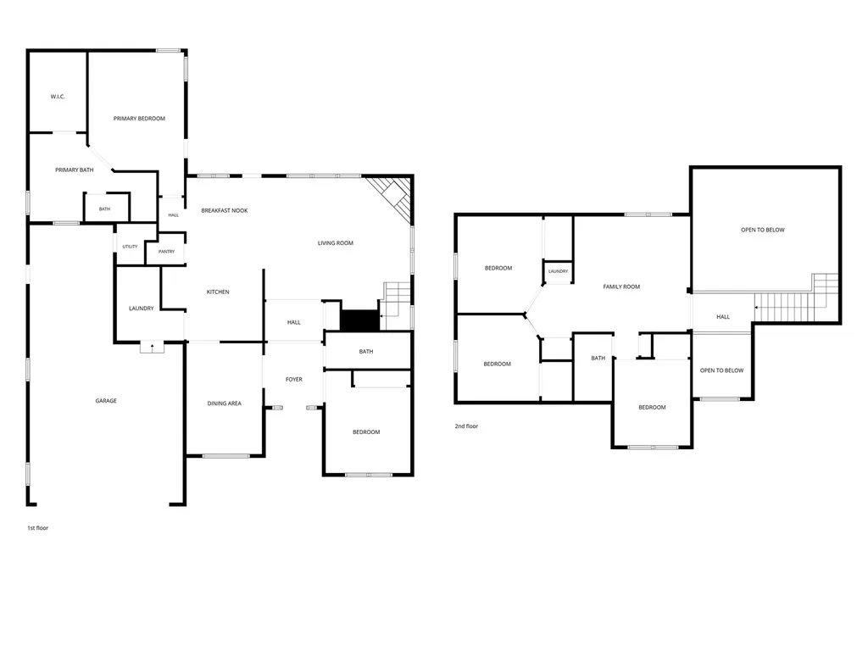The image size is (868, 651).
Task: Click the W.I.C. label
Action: pos(58,97)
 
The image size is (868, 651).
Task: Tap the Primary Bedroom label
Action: pos(139,119)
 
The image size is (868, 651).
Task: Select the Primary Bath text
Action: pos(75,170)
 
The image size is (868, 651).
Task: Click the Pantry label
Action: pos(167,251)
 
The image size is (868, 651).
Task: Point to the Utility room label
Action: pos(130,247)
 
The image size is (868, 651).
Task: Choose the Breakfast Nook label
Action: pos(224,210)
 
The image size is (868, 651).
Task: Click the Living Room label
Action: pos(336,243)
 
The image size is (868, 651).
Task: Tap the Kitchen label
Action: pos(218,292)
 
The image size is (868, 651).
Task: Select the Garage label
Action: pos(106,401)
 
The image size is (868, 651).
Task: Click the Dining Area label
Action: pos(224,403)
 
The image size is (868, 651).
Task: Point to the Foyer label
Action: pos(294,379)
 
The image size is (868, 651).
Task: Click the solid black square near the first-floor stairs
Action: pos(359,320)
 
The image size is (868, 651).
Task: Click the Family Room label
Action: pos(621,287)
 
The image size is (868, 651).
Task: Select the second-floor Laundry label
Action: pos(558,271)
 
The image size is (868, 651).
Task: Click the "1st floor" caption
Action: pos(37,528)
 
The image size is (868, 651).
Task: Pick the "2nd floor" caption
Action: pos(466,426)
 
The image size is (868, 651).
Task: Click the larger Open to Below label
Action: pos(762,230)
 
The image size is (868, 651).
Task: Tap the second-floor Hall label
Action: pos(723,317)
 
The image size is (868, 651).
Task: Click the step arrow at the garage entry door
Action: pos(153,347)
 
